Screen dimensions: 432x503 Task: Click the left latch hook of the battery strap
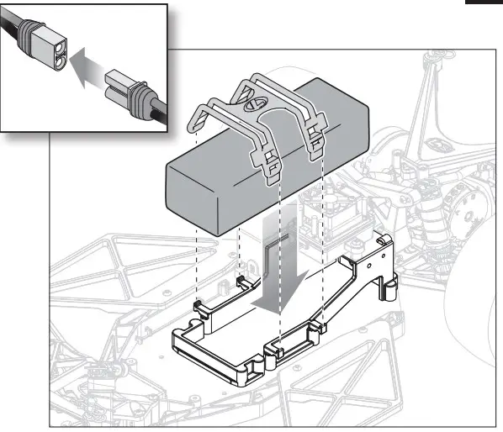pyautogui.click(x=273, y=168)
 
